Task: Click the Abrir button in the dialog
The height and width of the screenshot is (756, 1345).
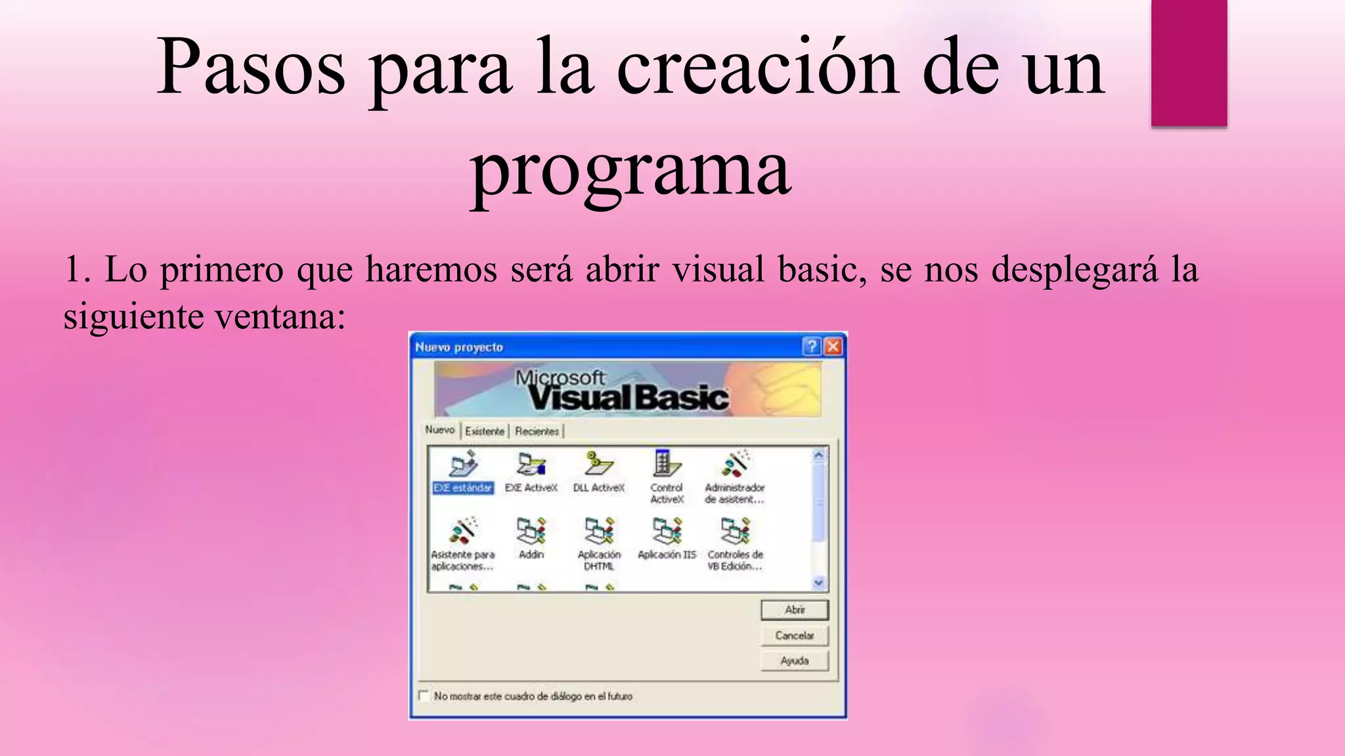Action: [x=795, y=610]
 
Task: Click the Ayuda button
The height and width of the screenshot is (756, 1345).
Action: [x=795, y=661]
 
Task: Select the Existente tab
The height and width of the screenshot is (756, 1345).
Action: [x=485, y=431]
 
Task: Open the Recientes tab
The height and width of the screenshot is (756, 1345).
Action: [x=537, y=431]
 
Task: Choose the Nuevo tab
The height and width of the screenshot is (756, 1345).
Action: [x=439, y=430]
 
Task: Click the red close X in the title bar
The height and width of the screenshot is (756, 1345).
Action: [x=833, y=346]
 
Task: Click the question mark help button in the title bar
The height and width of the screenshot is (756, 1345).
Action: [x=812, y=346]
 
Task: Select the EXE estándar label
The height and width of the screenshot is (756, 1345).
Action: [x=462, y=488]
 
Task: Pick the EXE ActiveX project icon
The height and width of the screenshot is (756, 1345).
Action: [x=531, y=465]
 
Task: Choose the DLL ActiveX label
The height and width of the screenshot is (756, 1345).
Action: [x=598, y=488]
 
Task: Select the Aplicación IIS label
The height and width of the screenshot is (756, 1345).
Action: [x=667, y=555]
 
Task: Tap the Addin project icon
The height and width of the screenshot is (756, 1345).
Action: [x=531, y=530]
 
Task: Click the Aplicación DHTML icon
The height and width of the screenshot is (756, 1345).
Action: [x=599, y=530]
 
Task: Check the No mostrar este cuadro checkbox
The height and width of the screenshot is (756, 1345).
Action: [x=424, y=696]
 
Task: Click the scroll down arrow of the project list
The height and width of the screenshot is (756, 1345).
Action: [x=818, y=582]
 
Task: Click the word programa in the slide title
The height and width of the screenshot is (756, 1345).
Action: [x=630, y=171]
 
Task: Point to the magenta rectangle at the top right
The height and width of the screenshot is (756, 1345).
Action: [x=1189, y=62]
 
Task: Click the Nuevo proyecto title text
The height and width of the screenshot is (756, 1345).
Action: [x=458, y=347]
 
